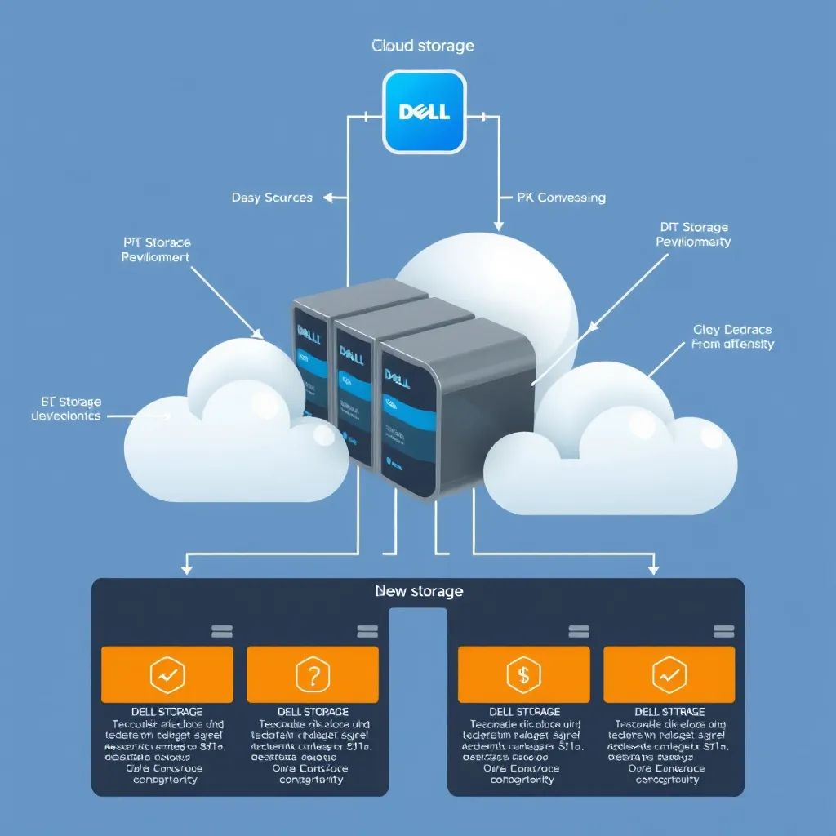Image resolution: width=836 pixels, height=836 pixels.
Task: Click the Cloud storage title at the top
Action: point(422,46)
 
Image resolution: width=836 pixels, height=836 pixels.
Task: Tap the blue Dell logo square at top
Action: point(425,112)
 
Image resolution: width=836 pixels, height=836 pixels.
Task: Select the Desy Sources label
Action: point(272,198)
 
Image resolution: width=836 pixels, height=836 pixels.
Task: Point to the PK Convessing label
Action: point(561,198)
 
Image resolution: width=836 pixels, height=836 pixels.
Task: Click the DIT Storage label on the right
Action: point(693,234)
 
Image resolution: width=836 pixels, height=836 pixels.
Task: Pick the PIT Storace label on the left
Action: point(156,249)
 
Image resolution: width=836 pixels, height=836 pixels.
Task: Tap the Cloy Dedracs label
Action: point(731,336)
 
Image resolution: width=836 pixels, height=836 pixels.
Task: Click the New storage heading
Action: point(418,590)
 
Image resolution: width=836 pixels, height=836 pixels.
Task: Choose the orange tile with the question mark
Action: point(313,674)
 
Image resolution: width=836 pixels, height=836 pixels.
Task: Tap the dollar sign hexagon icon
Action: point(522,674)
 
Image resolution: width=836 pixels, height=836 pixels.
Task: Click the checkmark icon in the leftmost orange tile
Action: point(167,674)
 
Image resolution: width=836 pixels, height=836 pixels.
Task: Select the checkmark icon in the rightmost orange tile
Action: point(669,674)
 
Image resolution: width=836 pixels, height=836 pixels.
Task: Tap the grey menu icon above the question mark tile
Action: point(367,632)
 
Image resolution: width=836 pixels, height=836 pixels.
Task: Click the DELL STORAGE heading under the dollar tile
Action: point(522,712)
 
